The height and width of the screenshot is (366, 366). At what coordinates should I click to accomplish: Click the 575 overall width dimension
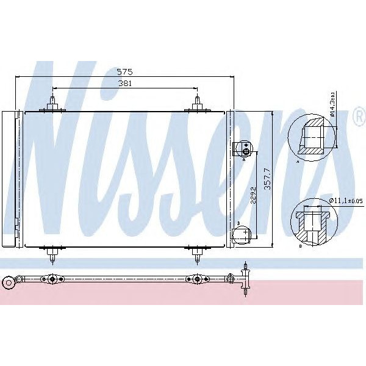125,72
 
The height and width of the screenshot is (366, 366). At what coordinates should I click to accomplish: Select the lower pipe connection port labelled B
242,233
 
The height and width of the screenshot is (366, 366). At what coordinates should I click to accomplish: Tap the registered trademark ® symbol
358,118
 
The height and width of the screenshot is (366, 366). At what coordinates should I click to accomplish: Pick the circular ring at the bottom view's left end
8,282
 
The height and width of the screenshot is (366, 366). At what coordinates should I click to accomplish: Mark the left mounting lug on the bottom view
53,281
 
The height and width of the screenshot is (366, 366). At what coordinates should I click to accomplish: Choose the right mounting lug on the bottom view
196,281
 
